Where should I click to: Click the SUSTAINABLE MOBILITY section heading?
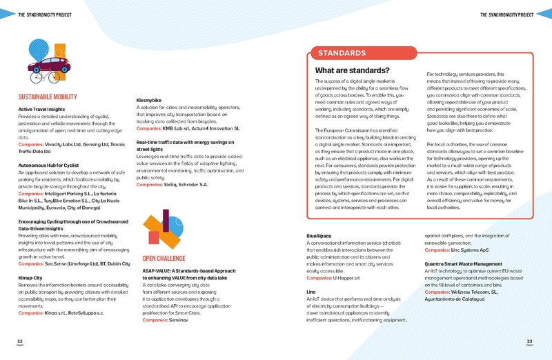coord(47,97)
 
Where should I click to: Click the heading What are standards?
coord(352,70)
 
